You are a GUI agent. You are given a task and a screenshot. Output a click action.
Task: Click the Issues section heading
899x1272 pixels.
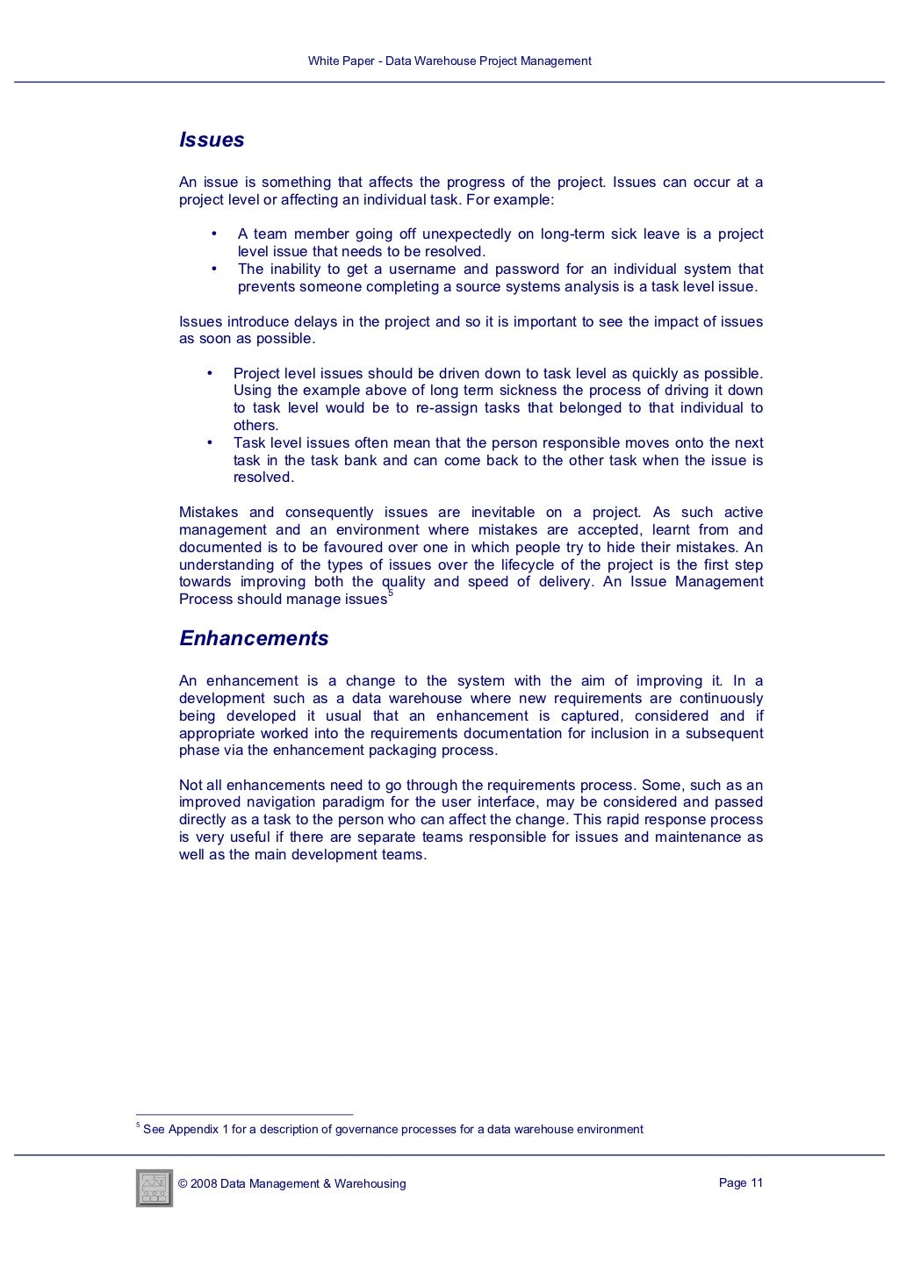[x=212, y=140]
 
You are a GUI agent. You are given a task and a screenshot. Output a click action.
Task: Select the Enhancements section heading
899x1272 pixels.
[x=254, y=639]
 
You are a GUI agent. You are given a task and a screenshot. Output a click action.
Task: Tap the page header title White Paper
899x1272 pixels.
[x=449, y=61]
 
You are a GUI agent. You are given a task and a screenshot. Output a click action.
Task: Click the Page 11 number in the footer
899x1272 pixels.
[x=740, y=1182]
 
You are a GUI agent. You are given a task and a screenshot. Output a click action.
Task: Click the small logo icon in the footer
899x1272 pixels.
[x=155, y=1188]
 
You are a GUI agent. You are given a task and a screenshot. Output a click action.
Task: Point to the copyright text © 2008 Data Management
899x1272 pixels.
[x=291, y=1183]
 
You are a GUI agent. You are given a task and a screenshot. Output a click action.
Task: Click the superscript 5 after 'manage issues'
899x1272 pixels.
[x=391, y=594]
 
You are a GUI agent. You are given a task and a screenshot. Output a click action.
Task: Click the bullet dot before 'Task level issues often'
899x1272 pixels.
[x=209, y=443]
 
